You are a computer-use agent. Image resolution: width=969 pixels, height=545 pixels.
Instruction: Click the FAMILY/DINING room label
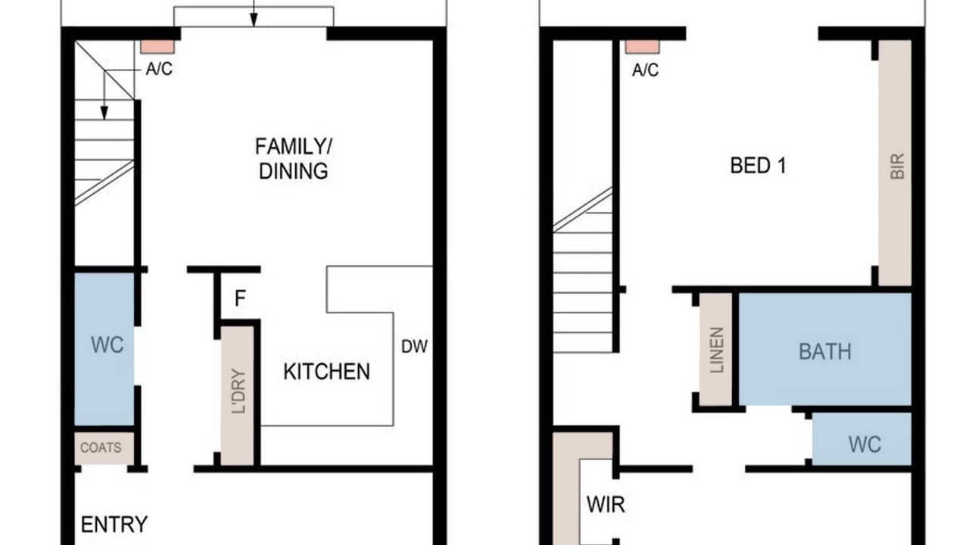[x=294, y=159]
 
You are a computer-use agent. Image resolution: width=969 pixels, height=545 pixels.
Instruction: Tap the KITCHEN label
[x=326, y=372]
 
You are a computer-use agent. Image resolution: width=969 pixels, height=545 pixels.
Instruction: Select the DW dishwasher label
[x=414, y=347]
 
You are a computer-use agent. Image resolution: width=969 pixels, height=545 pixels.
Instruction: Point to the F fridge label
[x=240, y=298]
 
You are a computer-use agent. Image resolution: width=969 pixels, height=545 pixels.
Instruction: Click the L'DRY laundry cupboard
[x=238, y=396]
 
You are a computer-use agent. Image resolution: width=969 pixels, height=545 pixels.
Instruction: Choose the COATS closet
[x=104, y=448]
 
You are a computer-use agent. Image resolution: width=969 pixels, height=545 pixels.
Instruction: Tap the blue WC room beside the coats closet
[x=104, y=349]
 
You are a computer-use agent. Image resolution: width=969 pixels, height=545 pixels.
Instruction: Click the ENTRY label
[x=114, y=525]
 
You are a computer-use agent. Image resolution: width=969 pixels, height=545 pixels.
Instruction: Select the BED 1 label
[x=758, y=166]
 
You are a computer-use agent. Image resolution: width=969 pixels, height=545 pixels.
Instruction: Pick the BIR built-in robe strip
[x=895, y=163]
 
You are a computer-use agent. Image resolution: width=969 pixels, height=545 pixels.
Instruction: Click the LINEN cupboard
[x=715, y=350]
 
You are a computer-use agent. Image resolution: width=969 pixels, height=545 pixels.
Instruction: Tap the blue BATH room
[x=825, y=349]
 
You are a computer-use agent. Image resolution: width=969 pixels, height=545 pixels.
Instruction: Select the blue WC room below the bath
[x=862, y=439]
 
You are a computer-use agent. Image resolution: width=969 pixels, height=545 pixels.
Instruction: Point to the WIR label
[x=606, y=504]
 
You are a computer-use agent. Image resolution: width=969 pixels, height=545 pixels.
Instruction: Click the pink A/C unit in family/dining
[x=157, y=47]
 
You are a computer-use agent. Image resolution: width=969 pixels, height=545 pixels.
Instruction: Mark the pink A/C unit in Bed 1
[x=643, y=47]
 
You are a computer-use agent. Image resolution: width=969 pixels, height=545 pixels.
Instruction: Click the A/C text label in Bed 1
[x=646, y=70]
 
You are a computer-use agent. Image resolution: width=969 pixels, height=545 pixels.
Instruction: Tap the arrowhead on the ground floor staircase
[x=104, y=114]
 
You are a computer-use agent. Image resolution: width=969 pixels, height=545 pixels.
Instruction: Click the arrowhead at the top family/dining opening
[x=254, y=20]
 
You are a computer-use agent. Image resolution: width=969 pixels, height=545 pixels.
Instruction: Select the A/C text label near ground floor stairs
[x=159, y=69]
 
